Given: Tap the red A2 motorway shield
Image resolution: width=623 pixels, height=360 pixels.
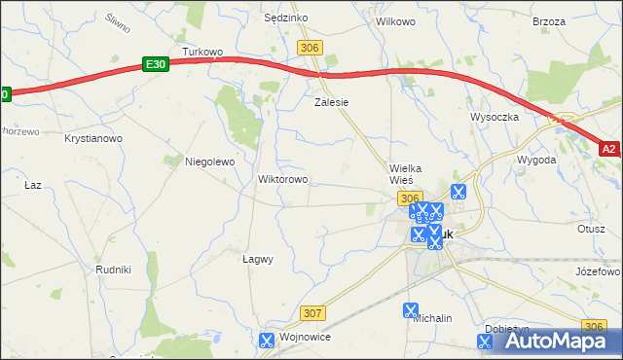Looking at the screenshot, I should click(x=609, y=149).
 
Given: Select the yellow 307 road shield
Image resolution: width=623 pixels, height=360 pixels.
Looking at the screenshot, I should click(x=311, y=312).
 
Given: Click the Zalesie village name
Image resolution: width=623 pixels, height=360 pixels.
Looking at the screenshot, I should click(x=331, y=101).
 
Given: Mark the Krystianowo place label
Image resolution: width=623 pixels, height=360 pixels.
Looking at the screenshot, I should click(x=93, y=139).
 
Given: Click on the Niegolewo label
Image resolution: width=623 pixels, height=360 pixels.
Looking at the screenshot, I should click(x=210, y=162).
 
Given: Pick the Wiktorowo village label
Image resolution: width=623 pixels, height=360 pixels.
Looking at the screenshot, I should click(x=282, y=180).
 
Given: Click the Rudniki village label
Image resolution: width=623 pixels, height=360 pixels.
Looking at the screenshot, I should click(x=113, y=269).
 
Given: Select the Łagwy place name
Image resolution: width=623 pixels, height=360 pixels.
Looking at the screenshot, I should click(x=257, y=260).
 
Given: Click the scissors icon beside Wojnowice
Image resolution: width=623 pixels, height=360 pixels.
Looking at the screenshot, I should click(x=266, y=341).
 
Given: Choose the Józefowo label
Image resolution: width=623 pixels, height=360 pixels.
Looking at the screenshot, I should click(x=598, y=270).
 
